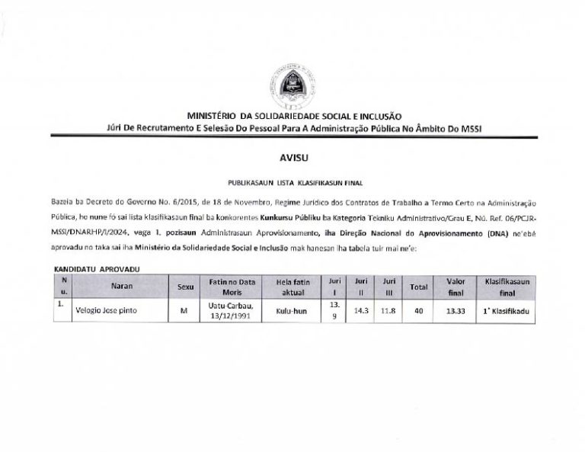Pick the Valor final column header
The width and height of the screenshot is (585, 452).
[x=456, y=287]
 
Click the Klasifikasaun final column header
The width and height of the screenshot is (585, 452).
[x=511, y=287]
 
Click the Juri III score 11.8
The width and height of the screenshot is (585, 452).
[x=388, y=311]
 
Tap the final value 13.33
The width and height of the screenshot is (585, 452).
[x=456, y=311]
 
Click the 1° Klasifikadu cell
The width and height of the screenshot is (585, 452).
[x=511, y=311]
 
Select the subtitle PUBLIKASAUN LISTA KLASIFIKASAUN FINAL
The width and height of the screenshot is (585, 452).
[x=292, y=184]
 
